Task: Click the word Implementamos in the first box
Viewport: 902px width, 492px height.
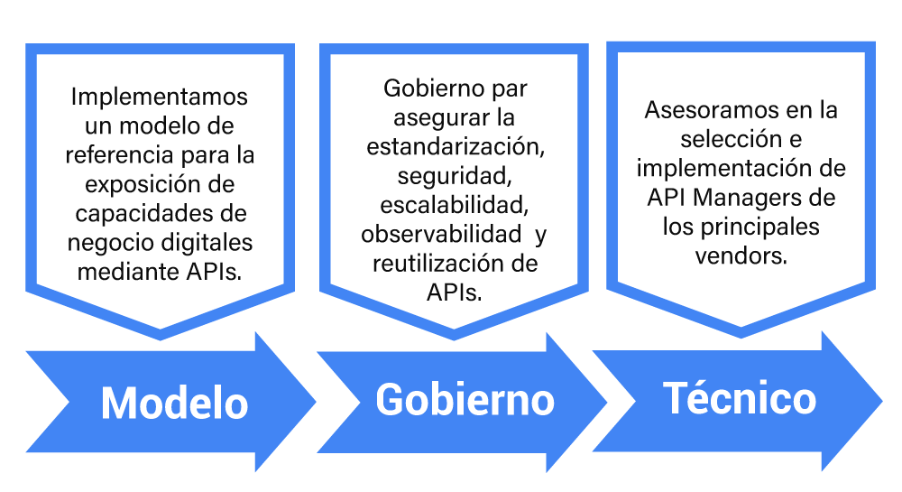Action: pyautogui.click(x=160, y=97)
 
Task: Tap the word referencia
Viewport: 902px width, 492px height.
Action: pyautogui.click(x=120, y=154)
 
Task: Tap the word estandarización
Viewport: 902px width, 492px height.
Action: pyautogui.click(x=456, y=147)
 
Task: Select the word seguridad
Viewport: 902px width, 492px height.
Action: pyautogui.click(x=455, y=177)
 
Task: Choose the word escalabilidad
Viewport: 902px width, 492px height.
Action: pyautogui.click(x=455, y=206)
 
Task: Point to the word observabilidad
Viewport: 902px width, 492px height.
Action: pyautogui.click(x=441, y=234)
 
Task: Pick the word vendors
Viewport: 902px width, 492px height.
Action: pyautogui.click(x=741, y=256)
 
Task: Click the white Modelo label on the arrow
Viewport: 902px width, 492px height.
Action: pyautogui.click(x=174, y=403)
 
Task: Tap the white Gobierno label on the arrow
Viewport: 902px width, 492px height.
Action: pyautogui.click(x=465, y=399)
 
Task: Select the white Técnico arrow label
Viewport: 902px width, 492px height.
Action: pyautogui.click(x=740, y=397)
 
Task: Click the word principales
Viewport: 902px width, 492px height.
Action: pyautogui.click(x=759, y=227)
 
